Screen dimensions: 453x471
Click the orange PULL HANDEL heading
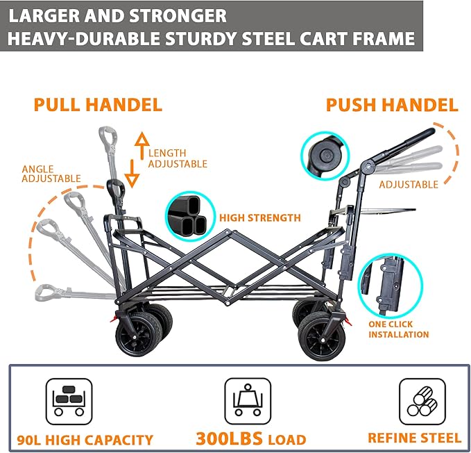(x=98, y=105)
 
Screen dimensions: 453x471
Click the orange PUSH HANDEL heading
(x=392, y=105)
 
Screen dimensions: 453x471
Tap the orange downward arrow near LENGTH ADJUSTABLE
(x=132, y=173)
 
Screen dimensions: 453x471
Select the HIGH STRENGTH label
(x=260, y=218)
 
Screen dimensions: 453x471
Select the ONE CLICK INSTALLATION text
(x=398, y=329)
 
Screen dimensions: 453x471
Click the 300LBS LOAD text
(x=250, y=439)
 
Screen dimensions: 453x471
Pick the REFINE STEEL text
(x=414, y=438)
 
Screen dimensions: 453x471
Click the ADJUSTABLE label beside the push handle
(x=408, y=185)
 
